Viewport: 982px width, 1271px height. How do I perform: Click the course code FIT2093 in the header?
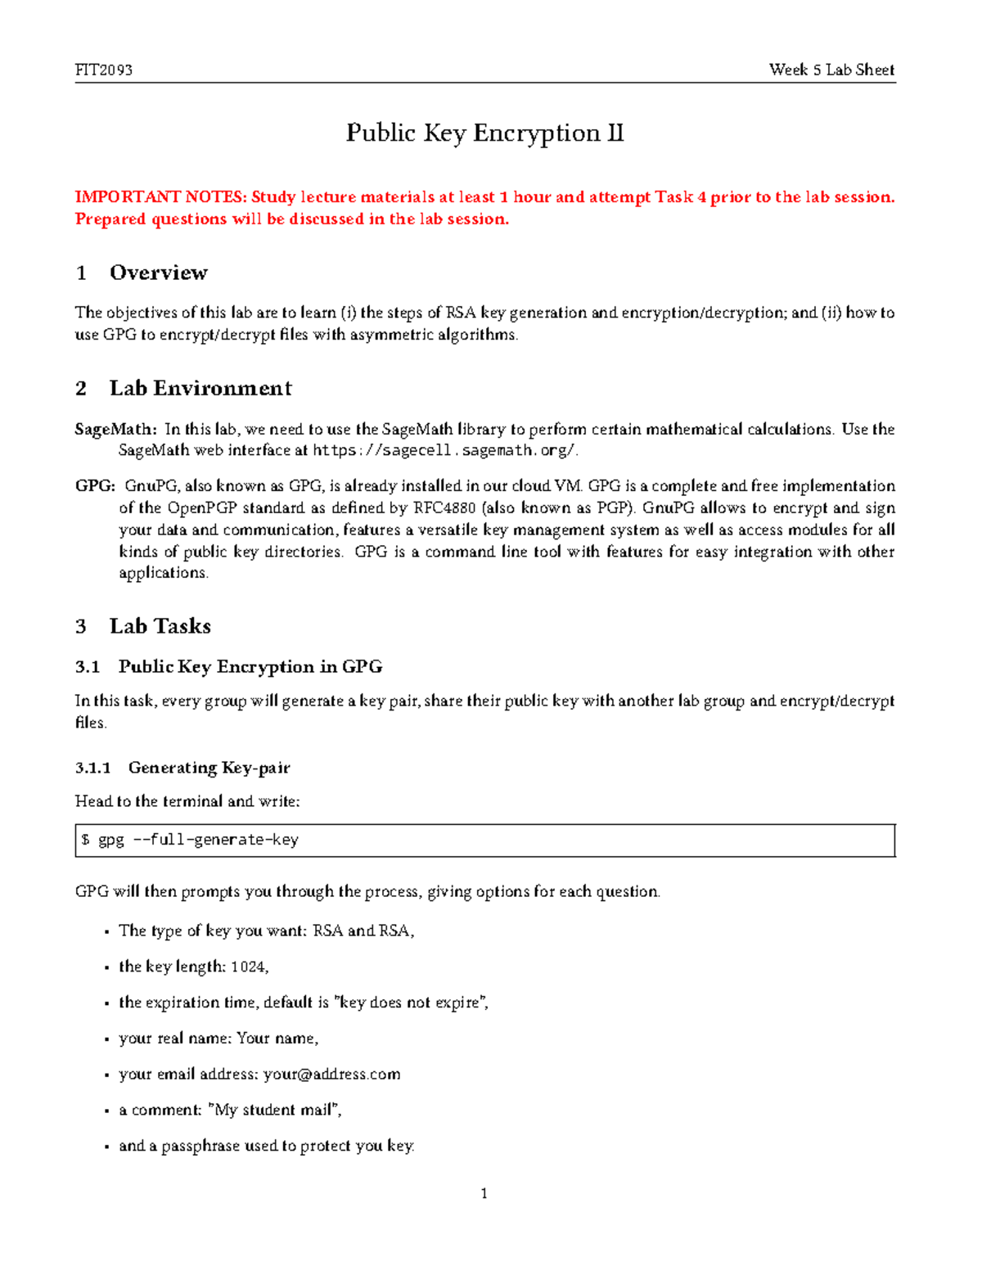tap(104, 70)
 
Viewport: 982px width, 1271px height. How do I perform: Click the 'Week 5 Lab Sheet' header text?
tap(831, 70)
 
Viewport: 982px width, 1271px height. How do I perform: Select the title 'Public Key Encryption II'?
tap(484, 133)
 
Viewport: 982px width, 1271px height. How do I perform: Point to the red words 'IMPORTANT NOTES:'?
tap(160, 197)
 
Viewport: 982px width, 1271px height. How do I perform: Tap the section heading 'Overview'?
tap(158, 273)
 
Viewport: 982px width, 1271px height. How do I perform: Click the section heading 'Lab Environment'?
tap(200, 388)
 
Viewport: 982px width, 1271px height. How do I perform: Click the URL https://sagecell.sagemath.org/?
tap(444, 450)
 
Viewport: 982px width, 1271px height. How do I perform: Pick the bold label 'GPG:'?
tap(96, 486)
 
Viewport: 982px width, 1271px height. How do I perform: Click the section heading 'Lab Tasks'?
tap(160, 626)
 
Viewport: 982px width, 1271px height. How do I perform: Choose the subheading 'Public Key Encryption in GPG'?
tap(250, 667)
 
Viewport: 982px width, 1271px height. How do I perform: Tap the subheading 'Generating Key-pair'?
tap(209, 768)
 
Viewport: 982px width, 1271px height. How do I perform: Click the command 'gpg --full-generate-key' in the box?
tap(198, 841)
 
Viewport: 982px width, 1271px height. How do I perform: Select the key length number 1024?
tap(248, 967)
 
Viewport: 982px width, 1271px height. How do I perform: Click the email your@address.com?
tap(332, 1074)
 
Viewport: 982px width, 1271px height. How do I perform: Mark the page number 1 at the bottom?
tap(484, 1193)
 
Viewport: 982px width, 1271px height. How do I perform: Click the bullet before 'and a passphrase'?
tap(107, 1147)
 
